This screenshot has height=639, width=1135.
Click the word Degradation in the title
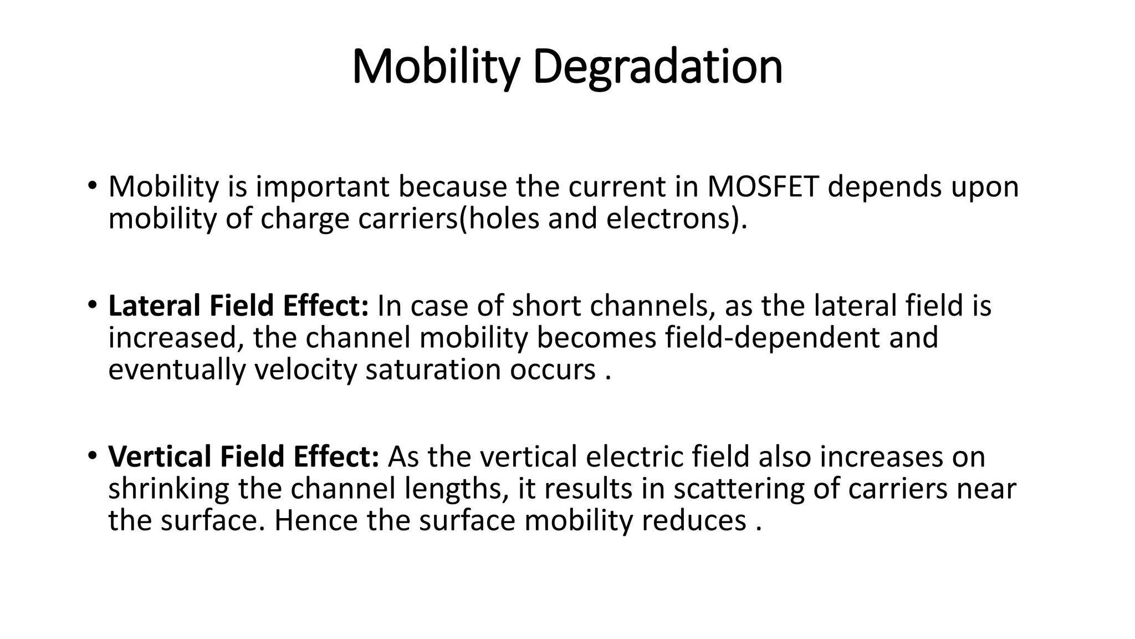[x=657, y=67]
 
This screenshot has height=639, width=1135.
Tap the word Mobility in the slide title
[x=436, y=67]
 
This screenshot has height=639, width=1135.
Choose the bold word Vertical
[x=159, y=457]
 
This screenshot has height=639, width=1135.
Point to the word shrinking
[x=168, y=489]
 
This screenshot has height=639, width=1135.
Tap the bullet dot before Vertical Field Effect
[x=91, y=457]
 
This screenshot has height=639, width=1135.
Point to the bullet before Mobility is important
[x=91, y=186]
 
